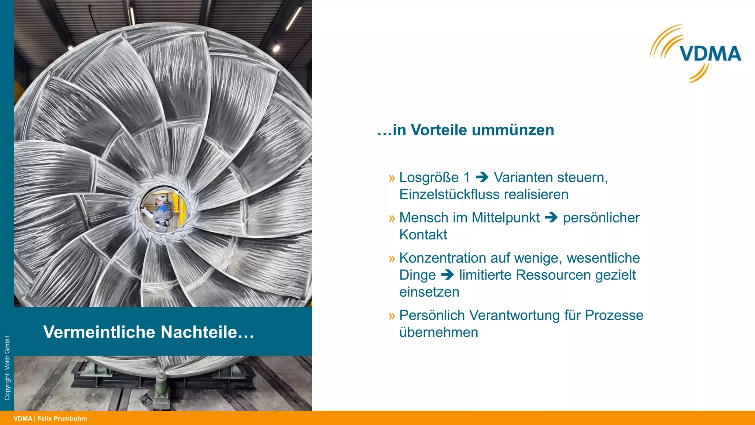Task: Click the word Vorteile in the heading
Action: click(x=439, y=130)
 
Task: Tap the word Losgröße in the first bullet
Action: click(x=429, y=177)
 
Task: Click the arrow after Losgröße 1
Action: click(x=482, y=177)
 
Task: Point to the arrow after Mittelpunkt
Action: click(x=551, y=217)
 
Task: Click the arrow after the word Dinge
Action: click(x=448, y=275)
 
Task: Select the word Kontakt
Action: click(x=423, y=235)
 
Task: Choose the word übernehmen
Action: click(x=439, y=332)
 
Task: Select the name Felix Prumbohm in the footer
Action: click(x=62, y=419)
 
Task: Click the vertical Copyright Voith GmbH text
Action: click(x=7, y=368)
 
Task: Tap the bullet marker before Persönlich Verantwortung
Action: click(x=392, y=316)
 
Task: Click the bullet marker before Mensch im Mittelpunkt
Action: click(x=392, y=218)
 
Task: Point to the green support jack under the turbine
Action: click(x=161, y=384)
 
